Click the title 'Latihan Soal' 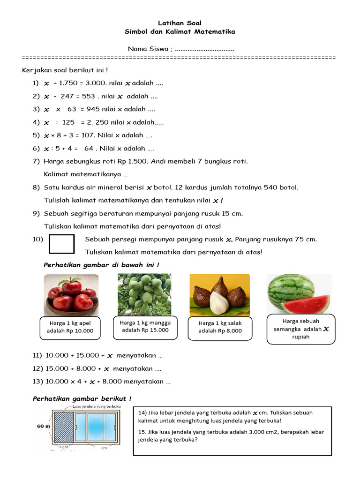point(180,23)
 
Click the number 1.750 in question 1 point(69,83)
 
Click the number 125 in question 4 point(68,122)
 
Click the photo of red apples point(71,294)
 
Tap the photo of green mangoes point(144,294)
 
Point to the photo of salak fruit point(219,294)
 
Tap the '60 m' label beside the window point(44,427)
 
